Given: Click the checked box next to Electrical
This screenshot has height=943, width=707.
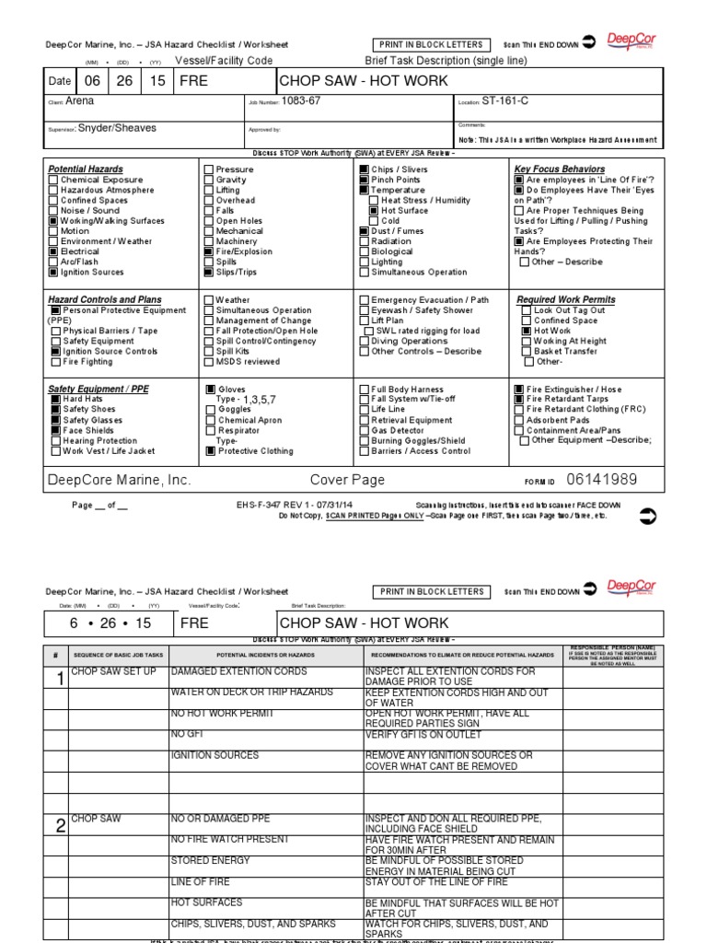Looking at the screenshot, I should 53,251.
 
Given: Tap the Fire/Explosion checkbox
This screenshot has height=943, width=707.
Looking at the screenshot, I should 209,251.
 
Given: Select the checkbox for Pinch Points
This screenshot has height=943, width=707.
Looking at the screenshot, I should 364,180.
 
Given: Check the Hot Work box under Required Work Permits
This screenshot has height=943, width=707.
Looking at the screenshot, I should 527,331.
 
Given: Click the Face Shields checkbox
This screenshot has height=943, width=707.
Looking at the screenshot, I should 55,430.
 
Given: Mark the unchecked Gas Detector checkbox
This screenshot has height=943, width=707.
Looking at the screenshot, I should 365,430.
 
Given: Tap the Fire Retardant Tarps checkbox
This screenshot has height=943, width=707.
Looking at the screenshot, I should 519,400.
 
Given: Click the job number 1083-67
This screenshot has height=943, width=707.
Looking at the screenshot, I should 300,101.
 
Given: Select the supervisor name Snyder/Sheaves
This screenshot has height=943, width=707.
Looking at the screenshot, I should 117,129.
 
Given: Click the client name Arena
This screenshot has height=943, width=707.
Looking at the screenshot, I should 81,101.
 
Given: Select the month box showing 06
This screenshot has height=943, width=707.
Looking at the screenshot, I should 91,81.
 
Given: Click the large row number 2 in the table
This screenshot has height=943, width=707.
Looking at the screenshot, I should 60,825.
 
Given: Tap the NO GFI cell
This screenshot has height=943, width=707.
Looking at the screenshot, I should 184,735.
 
